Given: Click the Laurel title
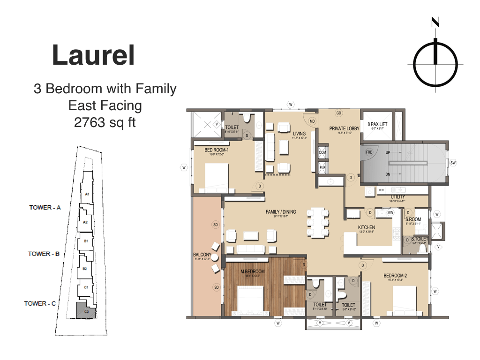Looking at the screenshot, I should pyautogui.click(x=93, y=55).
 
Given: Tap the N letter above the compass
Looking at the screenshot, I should pyautogui.click(x=436, y=22).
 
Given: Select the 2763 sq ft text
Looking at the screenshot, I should pyautogui.click(x=105, y=123).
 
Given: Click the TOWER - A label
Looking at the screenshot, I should pyautogui.click(x=45, y=207).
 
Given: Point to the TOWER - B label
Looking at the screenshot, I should pyautogui.click(x=44, y=254).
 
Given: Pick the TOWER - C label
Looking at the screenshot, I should pyautogui.click(x=40, y=303).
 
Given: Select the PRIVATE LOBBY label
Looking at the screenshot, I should pyautogui.click(x=344, y=128).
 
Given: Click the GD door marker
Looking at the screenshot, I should pyautogui.click(x=339, y=113).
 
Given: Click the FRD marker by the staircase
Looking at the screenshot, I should pyautogui.click(x=369, y=153).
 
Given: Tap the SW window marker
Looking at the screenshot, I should pyautogui.click(x=453, y=163).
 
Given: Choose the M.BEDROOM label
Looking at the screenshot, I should pyautogui.click(x=253, y=272).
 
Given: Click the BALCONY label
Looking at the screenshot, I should pyautogui.click(x=202, y=255).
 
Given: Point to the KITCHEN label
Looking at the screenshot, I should pyautogui.click(x=367, y=227).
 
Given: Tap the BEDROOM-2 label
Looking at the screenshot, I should pyautogui.click(x=395, y=276).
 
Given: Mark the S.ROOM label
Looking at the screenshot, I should pyautogui.click(x=413, y=219).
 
